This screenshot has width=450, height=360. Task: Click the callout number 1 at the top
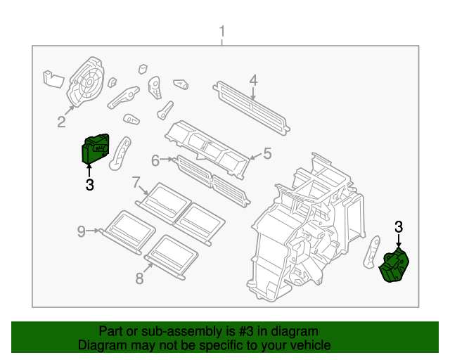point(222,32)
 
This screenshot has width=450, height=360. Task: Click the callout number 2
point(61,123)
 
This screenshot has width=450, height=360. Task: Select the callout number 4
point(253,79)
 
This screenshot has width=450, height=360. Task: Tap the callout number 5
point(266,152)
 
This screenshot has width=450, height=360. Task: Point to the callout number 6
point(155,160)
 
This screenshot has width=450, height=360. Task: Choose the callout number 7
point(136,183)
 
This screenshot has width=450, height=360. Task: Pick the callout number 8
point(139,278)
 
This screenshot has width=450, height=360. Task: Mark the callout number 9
point(82,231)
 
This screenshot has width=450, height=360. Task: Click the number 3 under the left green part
point(89,185)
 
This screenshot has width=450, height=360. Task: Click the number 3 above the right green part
point(399,226)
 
